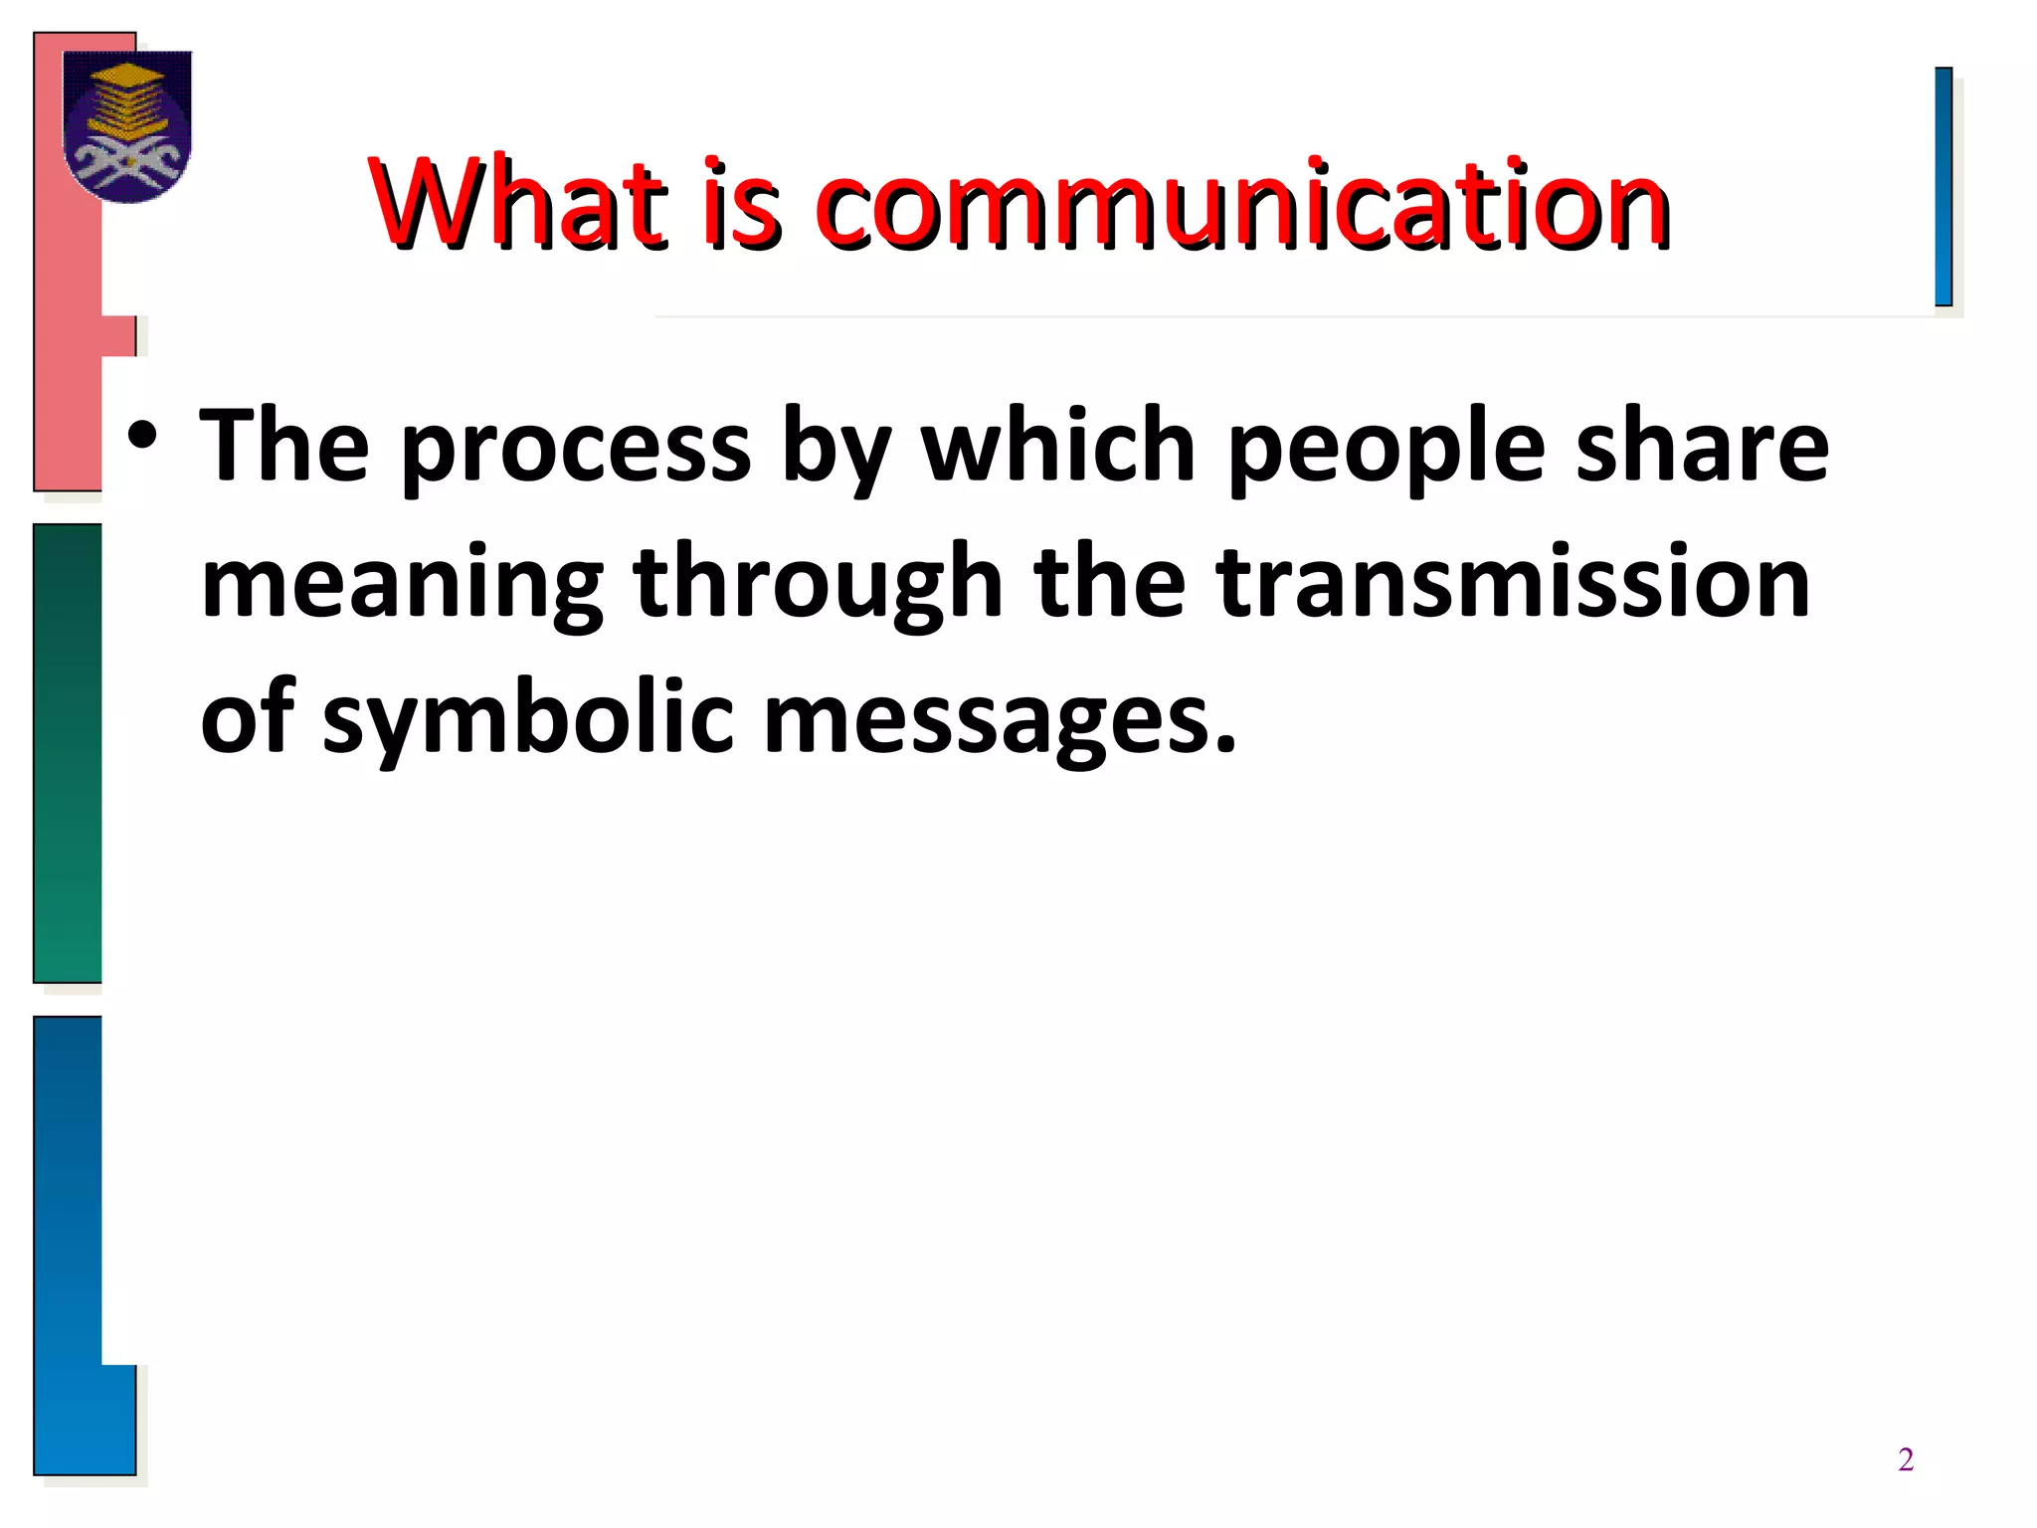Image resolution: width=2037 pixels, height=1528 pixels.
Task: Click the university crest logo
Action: pos(127,125)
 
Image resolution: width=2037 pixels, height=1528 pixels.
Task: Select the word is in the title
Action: pos(741,204)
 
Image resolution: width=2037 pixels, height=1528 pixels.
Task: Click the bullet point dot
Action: pos(142,437)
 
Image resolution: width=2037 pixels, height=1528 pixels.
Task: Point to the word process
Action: pos(576,449)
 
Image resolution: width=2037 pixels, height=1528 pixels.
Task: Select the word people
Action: pos(1387,449)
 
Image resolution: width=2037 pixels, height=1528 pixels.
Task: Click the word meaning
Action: pos(402,585)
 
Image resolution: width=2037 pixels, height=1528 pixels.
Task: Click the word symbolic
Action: pos(528,719)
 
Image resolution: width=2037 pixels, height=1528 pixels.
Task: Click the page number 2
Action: pos(1906,1459)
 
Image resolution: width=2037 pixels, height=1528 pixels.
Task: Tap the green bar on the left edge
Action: pos(68,753)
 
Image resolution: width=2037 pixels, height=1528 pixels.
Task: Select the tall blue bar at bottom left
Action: pos(68,1243)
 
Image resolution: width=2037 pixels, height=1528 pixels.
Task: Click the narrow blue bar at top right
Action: pos(1944,187)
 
